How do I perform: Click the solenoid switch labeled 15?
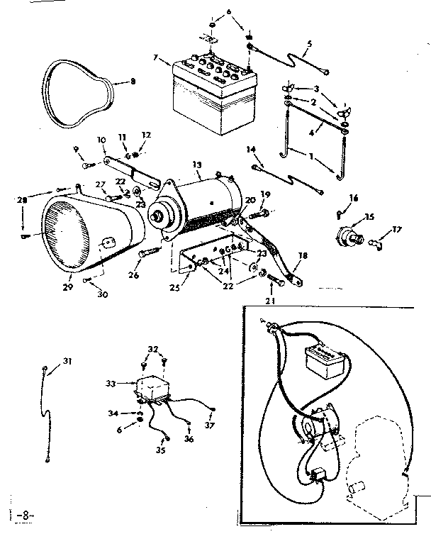350,235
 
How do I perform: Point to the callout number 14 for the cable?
250,149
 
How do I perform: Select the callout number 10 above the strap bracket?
101,140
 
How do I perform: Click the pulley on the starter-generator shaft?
158,212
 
